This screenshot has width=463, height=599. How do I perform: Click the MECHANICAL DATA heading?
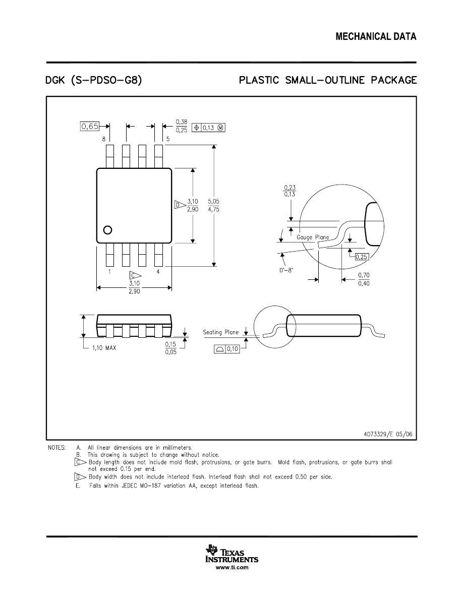coord(376,37)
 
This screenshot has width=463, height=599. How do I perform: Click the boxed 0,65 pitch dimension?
coord(90,127)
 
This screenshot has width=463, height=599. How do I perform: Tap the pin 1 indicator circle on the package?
coord(107,230)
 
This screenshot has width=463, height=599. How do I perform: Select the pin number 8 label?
coord(104,139)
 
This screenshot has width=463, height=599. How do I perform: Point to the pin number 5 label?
coord(167,139)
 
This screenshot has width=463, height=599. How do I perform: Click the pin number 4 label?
coord(158,272)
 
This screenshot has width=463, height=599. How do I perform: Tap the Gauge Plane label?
coord(313,237)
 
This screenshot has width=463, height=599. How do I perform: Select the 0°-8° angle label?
coord(286,270)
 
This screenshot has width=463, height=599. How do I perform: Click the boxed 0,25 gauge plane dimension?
coord(362,257)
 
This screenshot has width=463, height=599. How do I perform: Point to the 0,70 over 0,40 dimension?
coord(363,279)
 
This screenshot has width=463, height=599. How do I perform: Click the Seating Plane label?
coord(220,332)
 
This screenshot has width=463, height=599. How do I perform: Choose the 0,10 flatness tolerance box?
coord(226,349)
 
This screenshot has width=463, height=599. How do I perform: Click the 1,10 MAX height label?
coord(104,348)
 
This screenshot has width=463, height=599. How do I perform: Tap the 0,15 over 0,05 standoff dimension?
coord(171,348)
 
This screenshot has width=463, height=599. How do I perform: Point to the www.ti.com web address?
coord(232,568)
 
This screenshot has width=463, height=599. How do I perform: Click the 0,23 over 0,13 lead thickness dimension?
coord(290,191)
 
